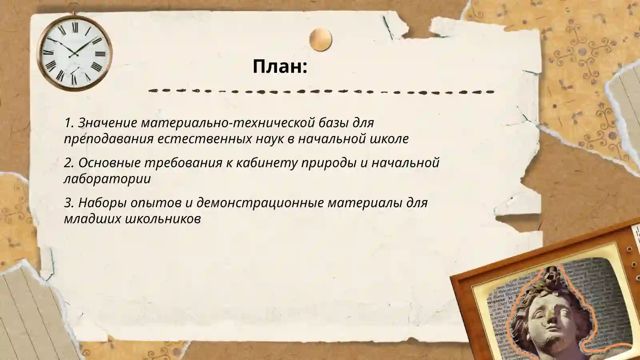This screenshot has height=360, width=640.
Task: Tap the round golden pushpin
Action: point(320,40)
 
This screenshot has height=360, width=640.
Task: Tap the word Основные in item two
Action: point(109,163)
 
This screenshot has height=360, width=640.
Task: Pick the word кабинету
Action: point(267,163)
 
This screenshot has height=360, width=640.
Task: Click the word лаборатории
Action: point(107,179)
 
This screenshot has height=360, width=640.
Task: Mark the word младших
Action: point(93,219)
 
